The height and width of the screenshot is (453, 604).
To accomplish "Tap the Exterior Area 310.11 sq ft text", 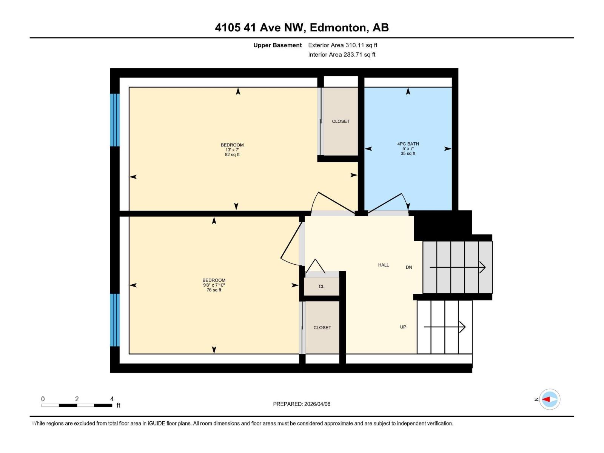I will tap(342, 45).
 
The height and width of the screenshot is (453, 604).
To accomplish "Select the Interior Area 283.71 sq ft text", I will tap(342, 55).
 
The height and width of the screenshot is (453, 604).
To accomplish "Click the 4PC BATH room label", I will tap(408, 144).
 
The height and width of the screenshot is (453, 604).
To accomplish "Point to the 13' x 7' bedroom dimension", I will tap(232, 150).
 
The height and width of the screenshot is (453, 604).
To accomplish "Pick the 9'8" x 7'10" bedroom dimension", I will tap(214, 285).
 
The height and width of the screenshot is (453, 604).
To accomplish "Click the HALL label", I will tap(384, 265).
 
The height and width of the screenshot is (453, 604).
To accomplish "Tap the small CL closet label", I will tap(322, 287).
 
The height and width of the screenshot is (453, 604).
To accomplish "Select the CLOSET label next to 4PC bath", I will tap(341, 121).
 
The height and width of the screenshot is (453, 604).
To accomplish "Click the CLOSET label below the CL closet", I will tap(322, 328).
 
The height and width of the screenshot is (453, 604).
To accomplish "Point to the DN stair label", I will tap(409, 267).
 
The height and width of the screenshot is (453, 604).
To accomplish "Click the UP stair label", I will tap(403, 327).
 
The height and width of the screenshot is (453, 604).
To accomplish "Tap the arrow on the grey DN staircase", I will tap(458, 267).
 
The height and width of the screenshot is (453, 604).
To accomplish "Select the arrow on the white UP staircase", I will tap(445, 327).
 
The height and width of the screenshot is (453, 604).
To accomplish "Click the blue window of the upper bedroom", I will tap(115, 120).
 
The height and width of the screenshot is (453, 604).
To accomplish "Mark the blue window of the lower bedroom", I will tap(115, 320).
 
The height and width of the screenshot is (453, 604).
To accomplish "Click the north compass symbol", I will tap(549, 399).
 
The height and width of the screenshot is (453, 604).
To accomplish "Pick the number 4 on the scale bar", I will tap(112, 399).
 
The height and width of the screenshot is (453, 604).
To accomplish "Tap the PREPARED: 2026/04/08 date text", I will tap(302, 404).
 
